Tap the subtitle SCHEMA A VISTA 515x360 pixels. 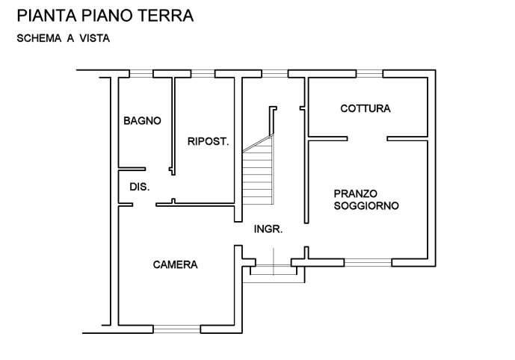(x=64, y=39)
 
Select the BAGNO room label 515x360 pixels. (x=143, y=120)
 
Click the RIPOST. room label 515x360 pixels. (x=208, y=140)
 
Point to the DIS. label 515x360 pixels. (x=140, y=187)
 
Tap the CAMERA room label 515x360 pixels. (x=175, y=264)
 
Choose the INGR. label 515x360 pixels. (x=268, y=229)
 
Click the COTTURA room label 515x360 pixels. (x=365, y=108)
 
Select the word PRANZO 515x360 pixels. (x=356, y=193)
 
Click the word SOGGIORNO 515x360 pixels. (x=366, y=205)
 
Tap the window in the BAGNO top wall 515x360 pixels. (x=140, y=73)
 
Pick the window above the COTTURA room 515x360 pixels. (x=359, y=73)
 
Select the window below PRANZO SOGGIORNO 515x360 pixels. (x=367, y=261)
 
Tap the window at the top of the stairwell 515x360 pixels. (x=276, y=73)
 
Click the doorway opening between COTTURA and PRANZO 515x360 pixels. (x=366, y=138)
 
